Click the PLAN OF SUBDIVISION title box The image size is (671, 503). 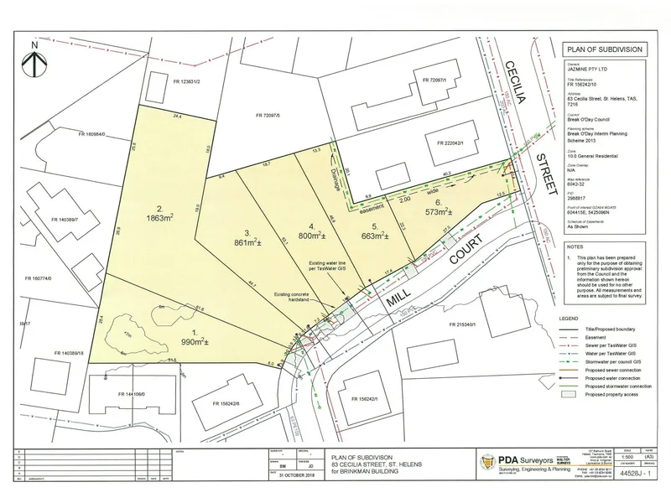(605, 49)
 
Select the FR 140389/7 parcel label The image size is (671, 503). (53, 219)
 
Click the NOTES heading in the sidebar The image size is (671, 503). (573, 248)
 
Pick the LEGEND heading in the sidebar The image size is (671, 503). (575, 319)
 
